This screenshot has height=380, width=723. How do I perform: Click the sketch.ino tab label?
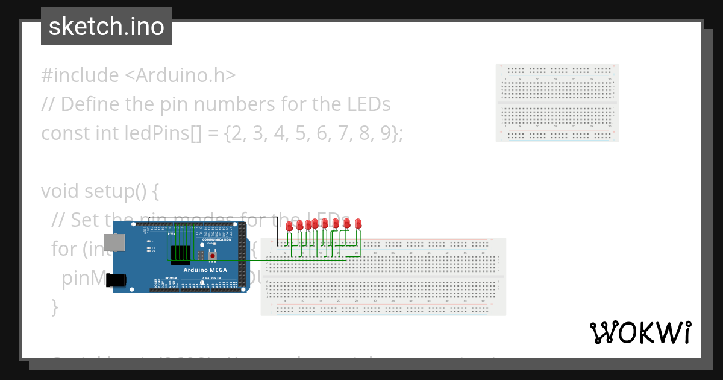(x=106, y=27)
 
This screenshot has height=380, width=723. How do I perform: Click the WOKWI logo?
(x=640, y=332)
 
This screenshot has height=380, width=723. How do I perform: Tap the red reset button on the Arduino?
(x=213, y=256)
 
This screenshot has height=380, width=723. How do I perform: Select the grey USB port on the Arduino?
(x=114, y=242)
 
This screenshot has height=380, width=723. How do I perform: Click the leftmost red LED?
(x=290, y=226)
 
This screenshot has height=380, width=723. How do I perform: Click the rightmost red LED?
(x=358, y=223)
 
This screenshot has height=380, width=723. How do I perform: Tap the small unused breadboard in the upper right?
(x=557, y=103)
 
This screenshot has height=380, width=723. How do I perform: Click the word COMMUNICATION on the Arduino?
(x=217, y=239)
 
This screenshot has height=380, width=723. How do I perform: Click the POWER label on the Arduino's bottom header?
(x=171, y=278)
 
